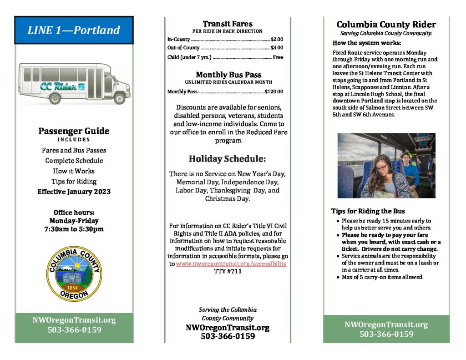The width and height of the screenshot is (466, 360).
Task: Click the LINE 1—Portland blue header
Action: click(74, 30)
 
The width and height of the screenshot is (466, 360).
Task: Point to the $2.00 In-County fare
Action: click(277, 40)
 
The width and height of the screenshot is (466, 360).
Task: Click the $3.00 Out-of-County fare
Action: click(277, 48)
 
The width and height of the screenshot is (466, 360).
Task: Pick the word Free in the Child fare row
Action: click(278, 57)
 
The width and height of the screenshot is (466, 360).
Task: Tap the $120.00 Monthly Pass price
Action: click(274, 91)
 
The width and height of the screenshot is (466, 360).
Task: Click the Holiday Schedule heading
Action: click(227, 159)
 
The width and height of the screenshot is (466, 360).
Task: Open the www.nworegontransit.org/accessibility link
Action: click(231, 264)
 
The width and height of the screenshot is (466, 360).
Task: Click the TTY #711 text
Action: click(228, 271)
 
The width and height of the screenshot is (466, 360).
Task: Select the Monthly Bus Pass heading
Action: click(228, 75)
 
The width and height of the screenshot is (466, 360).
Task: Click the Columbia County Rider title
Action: click(386, 25)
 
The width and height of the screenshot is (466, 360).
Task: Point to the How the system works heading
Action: click(367, 43)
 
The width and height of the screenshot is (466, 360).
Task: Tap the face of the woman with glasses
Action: click(381, 167)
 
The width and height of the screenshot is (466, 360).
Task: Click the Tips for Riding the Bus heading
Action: click(368, 211)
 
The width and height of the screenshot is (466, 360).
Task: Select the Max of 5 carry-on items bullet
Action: click(382, 277)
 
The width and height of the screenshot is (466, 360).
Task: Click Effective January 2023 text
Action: click(74, 192)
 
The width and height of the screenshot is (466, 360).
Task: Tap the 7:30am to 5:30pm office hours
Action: click(74, 229)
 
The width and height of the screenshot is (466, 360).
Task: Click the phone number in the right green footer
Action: click(386, 334)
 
